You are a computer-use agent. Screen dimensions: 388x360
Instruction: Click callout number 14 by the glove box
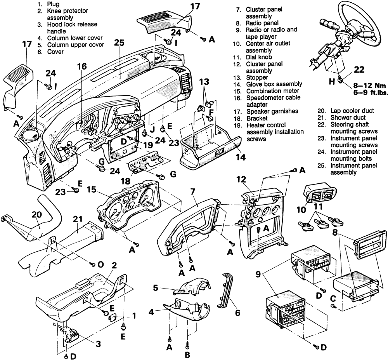[x=241, y=157]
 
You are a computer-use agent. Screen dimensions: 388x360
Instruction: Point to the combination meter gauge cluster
[x=127, y=205]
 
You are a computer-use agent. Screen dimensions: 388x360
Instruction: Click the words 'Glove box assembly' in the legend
[x=274, y=84]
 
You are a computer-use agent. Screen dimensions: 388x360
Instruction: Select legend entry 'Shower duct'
[x=348, y=118]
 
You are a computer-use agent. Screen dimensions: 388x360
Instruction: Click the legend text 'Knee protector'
[x=67, y=11]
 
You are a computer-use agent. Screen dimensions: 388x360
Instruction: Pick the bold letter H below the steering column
[x=332, y=81]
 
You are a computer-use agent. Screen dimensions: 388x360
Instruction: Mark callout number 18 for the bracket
[x=126, y=181]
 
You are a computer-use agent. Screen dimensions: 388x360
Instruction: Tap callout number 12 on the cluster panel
[x=241, y=179]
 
